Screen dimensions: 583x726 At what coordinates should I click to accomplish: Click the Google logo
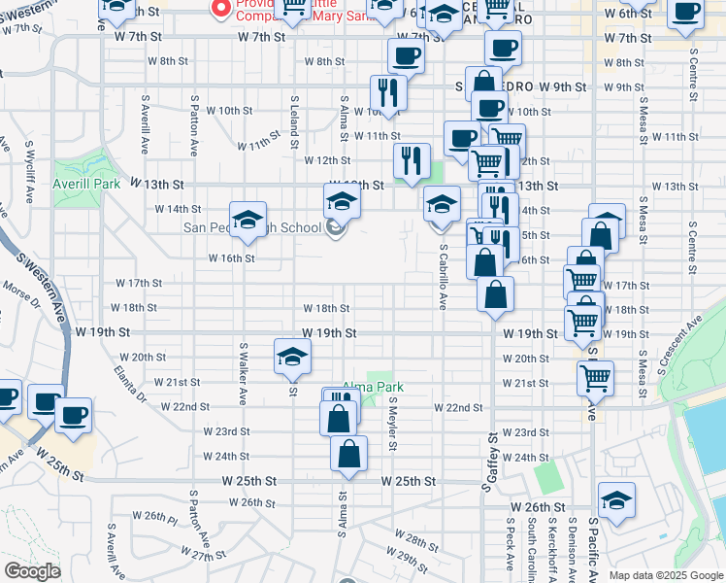coord(32,571)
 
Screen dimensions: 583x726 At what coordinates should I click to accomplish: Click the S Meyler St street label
coord(393,423)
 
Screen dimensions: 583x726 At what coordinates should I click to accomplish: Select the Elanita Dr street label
coord(128,383)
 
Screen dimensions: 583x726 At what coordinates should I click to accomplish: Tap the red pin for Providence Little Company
coord(220,10)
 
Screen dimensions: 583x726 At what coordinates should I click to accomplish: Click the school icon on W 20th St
coord(292,356)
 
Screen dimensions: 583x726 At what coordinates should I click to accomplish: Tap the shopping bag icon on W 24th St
coord(348,453)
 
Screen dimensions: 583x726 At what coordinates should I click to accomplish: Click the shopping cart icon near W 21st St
coord(595,378)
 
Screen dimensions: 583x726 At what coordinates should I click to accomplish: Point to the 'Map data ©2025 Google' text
coord(666,575)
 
